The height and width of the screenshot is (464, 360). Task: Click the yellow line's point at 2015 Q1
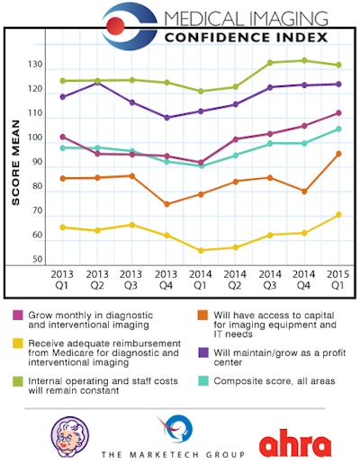(x=337, y=214)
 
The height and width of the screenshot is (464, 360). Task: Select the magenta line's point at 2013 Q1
(x=62, y=137)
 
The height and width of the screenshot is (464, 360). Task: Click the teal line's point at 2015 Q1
(x=337, y=129)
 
